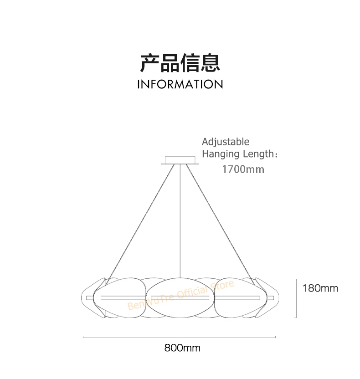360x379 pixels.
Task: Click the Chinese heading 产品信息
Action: coord(180,62)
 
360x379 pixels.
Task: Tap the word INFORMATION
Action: coord(180,84)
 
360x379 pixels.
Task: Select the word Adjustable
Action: coord(226,142)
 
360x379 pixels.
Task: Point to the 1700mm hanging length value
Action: coord(243,170)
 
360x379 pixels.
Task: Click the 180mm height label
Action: coord(320,288)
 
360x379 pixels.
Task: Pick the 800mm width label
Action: coord(182,348)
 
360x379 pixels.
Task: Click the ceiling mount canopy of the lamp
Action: coord(180,160)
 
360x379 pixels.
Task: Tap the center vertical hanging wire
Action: coord(180,219)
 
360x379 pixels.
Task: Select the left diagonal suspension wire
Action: coord(141,219)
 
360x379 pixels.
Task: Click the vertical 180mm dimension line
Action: coord(297,298)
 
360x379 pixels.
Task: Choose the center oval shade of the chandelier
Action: coord(180,298)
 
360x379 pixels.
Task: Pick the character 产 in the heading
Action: coord(150,62)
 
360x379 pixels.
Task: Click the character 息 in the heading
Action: coord(210,62)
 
